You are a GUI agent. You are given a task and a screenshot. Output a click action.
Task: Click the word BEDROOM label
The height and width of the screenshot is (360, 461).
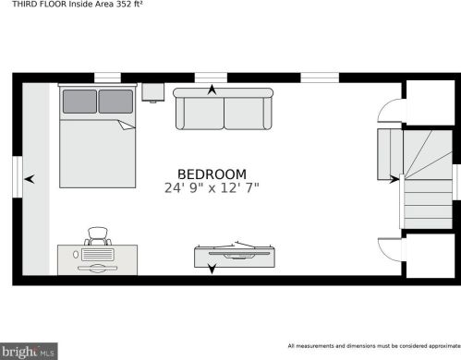(212, 174)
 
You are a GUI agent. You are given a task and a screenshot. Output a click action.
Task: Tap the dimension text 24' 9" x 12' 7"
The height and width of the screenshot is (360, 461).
(212, 187)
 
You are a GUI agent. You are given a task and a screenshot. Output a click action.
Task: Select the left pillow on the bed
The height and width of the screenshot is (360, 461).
(79, 102)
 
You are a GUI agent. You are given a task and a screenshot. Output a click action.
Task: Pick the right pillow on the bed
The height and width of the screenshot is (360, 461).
(115, 102)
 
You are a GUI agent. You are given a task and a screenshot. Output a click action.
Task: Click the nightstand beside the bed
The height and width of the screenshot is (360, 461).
(153, 92)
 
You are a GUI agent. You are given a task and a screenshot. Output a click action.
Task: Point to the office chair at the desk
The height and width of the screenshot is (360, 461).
(98, 236)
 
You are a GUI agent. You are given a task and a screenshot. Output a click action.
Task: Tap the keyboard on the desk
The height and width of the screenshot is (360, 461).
(98, 255)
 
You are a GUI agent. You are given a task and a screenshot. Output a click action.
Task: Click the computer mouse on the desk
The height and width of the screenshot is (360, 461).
(76, 255)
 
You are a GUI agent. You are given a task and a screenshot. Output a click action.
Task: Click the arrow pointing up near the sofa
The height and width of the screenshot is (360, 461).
(212, 90)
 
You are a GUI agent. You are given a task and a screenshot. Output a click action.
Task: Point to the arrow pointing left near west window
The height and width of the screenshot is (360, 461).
(30, 179)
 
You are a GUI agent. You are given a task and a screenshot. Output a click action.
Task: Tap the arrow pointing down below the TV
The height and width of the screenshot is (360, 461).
(212, 269)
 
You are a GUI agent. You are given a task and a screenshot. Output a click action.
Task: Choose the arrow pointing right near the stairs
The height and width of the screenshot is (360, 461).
(394, 179)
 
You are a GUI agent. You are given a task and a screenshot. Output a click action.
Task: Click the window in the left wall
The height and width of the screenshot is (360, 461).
(18, 177)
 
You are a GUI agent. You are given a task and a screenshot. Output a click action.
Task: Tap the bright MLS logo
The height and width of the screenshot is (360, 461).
(29, 351)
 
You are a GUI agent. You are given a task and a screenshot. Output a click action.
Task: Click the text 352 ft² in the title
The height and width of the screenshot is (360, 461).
(129, 5)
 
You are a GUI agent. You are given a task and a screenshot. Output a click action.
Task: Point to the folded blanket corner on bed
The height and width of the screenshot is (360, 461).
(127, 125)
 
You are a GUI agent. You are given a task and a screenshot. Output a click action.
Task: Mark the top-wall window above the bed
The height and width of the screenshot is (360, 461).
(107, 78)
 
